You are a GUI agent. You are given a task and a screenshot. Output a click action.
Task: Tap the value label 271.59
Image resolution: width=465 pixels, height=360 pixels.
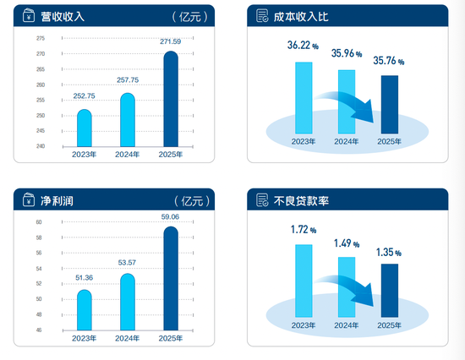click(x=171, y=41)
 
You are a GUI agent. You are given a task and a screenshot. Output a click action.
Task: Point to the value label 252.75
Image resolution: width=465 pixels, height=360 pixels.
click(x=84, y=97)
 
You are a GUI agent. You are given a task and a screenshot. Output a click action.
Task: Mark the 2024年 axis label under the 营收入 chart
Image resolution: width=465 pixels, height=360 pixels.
click(x=128, y=155)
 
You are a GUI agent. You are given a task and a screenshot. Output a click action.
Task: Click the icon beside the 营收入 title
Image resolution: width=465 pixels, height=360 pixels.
click(x=29, y=16)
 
